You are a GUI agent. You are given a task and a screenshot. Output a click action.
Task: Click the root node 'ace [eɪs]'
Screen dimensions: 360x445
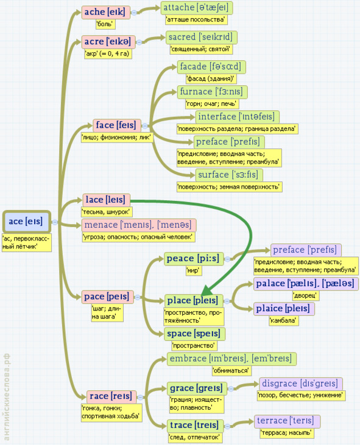(26, 222)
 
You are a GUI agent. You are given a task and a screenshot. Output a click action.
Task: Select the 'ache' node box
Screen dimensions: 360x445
(105, 12)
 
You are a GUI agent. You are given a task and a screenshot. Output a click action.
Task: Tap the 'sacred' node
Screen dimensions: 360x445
(201, 37)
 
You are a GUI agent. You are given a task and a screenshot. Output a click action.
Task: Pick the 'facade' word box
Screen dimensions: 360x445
(211, 67)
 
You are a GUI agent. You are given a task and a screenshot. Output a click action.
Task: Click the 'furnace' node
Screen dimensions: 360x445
(212, 92)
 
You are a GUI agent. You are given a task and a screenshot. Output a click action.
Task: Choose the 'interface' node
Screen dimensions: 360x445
(237, 117)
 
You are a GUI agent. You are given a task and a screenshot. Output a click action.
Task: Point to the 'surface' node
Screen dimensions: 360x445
(229, 175)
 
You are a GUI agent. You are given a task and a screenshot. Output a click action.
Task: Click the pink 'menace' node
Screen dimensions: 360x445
(138, 225)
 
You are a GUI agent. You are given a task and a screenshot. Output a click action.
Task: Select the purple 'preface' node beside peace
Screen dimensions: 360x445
(306, 250)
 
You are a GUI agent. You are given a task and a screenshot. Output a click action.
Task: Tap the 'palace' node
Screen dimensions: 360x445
(306, 284)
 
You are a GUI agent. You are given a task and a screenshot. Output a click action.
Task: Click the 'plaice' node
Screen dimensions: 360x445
(284, 309)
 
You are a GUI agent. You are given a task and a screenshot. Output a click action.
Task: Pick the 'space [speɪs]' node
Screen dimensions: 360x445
(194, 334)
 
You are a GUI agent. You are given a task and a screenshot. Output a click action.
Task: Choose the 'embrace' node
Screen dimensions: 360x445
(231, 359)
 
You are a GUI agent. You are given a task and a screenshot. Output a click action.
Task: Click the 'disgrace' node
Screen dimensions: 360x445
(301, 384)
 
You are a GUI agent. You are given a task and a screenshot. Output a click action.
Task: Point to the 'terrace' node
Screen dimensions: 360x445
(287, 421)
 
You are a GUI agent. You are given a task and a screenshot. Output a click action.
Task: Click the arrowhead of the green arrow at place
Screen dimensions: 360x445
(206, 290)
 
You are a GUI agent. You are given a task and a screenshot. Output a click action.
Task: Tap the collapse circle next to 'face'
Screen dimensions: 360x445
(145, 126)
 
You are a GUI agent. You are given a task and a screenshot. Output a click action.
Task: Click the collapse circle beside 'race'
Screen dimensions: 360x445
(140, 398)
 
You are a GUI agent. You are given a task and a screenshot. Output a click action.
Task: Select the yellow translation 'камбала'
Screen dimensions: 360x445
(284, 321)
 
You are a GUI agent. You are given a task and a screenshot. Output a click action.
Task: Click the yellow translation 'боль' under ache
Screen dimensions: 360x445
(105, 24)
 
